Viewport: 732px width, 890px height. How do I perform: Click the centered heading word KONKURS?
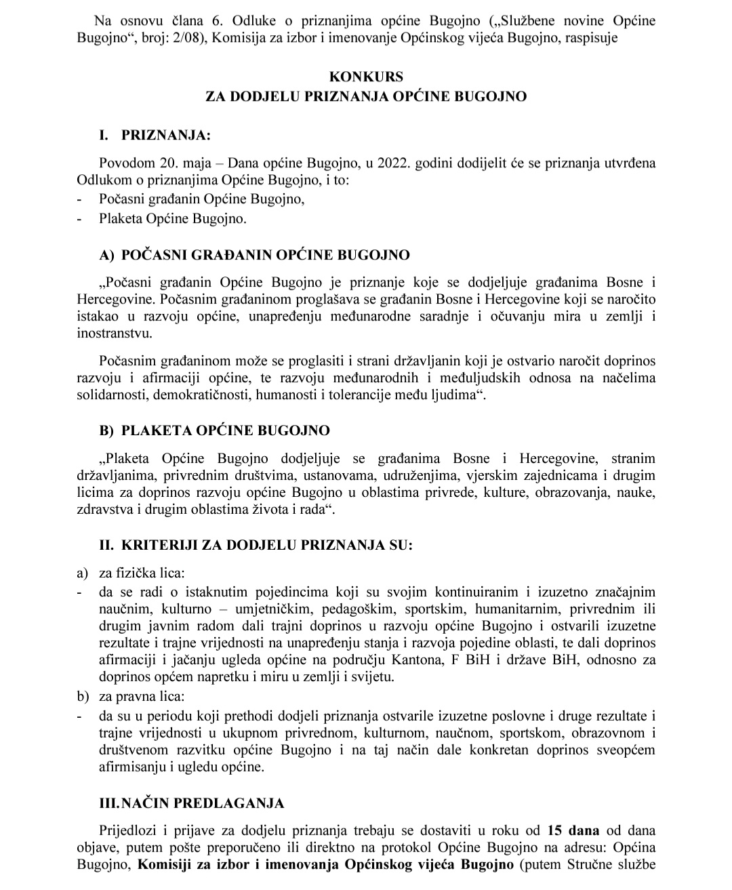pyautogui.click(x=366, y=77)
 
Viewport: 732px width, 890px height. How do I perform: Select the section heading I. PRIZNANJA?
pyautogui.click(x=155, y=136)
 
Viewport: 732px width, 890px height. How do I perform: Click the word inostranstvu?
pyautogui.click(x=115, y=333)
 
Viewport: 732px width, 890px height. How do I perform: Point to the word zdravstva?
pyautogui.click(x=104, y=509)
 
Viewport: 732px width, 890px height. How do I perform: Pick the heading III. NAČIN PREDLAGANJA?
pyautogui.click(x=192, y=804)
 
